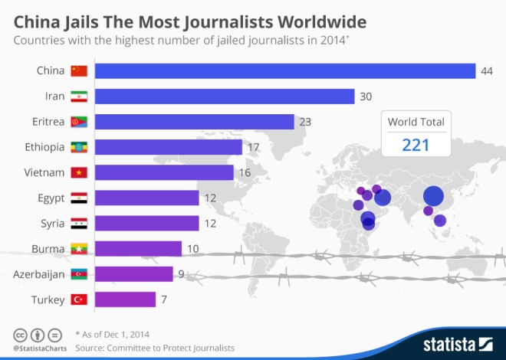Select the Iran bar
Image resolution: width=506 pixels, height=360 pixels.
(225, 97)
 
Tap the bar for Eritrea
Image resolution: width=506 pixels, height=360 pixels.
(194, 122)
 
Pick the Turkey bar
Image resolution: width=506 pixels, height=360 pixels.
(125, 299)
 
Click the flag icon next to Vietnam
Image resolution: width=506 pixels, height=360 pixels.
(79, 172)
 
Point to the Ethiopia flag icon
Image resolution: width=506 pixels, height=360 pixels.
(79, 147)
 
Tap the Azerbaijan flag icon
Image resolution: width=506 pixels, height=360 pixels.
(79, 273)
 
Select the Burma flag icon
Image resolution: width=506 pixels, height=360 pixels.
(79, 248)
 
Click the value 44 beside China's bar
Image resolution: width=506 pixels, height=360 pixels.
(486, 71)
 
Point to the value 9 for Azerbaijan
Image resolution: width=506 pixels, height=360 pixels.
(180, 273)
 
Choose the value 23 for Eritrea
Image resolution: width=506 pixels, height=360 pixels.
(305, 122)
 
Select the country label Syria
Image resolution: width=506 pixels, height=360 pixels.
(50, 223)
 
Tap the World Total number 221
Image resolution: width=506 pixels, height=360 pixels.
(416, 145)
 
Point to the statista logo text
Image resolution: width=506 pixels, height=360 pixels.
(449, 342)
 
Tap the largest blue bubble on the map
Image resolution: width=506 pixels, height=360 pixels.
(433, 196)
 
